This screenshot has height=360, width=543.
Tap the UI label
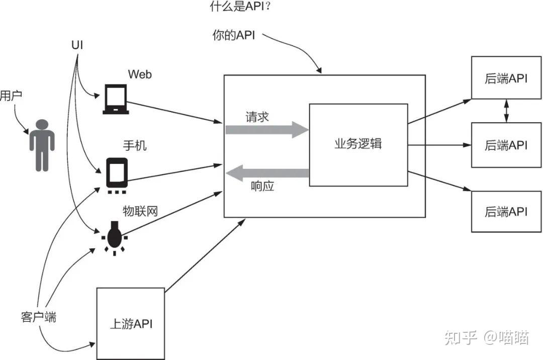tap(77, 45)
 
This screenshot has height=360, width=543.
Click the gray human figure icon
tap(42, 145)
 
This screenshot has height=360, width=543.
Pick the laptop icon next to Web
tap(116, 99)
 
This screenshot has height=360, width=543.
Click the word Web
tap(140, 74)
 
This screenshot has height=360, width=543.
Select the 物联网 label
tap(140, 211)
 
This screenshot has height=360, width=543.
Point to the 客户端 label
tap(39, 317)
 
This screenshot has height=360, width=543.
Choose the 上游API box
tap(130, 323)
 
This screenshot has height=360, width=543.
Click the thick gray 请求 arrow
tap(266, 130)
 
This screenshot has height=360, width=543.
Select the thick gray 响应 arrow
tap(266, 174)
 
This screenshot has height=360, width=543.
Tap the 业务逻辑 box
tap(358, 144)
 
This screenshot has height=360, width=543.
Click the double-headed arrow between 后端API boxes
tap(506, 110)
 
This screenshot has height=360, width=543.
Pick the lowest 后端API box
tap(506, 211)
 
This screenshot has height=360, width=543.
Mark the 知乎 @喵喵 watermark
tap(486, 337)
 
